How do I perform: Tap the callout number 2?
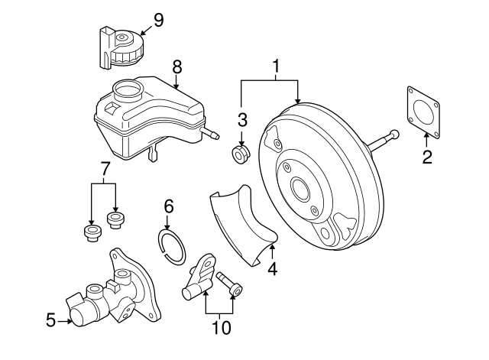tap(427, 158)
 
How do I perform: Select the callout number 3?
tap(243, 119)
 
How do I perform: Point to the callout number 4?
tap(272, 268)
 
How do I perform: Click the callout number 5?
tap(51, 321)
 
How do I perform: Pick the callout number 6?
tap(170, 206)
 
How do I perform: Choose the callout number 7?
tap(105, 167)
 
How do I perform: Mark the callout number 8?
tap(177, 67)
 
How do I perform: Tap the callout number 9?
tap(158, 19)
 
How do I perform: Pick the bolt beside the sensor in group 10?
tap(230, 284)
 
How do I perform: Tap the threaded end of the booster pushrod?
tap(393, 135)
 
